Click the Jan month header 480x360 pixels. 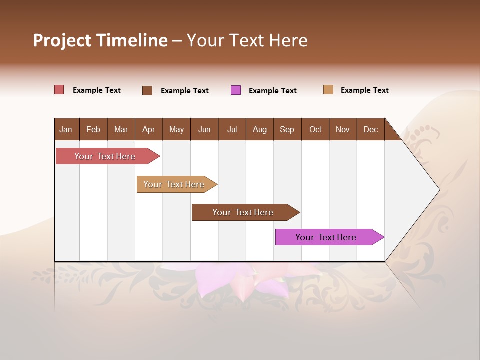[x=66, y=129]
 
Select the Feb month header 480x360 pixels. [x=93, y=129]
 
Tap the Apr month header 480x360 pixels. [x=148, y=129]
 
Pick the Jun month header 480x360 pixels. [x=204, y=129]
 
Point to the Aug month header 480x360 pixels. [x=259, y=129]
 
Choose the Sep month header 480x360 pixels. [x=287, y=129]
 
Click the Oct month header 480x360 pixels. [x=315, y=129]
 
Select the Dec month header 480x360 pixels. [x=370, y=129]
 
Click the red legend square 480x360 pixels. [x=59, y=90]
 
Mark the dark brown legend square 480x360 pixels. [x=147, y=90]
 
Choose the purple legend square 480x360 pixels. [x=236, y=90]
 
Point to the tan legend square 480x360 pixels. [x=328, y=90]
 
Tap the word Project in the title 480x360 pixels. [x=61, y=40]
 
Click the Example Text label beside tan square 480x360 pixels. [x=364, y=90]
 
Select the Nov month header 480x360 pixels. [x=342, y=129]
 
